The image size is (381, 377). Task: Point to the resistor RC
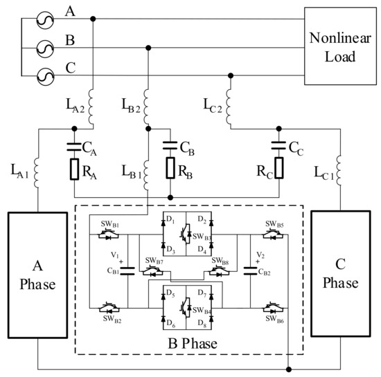280,169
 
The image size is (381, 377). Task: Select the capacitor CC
280,146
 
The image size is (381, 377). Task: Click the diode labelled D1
162,226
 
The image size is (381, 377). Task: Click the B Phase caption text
190,344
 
